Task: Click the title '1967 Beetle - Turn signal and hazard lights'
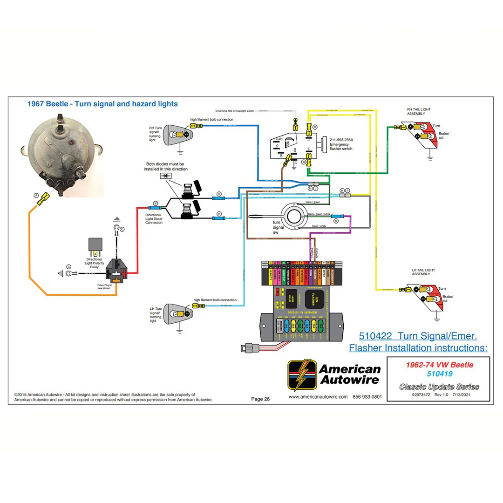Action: point(102,104)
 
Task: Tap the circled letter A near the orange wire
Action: point(36,196)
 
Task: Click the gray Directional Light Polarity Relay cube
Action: point(95,245)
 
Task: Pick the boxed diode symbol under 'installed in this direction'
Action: point(165,176)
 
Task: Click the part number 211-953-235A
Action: point(341,139)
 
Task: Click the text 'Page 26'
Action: point(260,399)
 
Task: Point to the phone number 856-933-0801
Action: point(367,397)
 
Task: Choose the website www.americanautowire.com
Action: point(318,397)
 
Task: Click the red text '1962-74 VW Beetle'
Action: point(439,365)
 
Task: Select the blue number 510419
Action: point(439,374)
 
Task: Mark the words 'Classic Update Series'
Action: point(439,387)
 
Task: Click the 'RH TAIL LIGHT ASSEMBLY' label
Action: point(419,112)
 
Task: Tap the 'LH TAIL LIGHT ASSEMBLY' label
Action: point(423,272)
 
